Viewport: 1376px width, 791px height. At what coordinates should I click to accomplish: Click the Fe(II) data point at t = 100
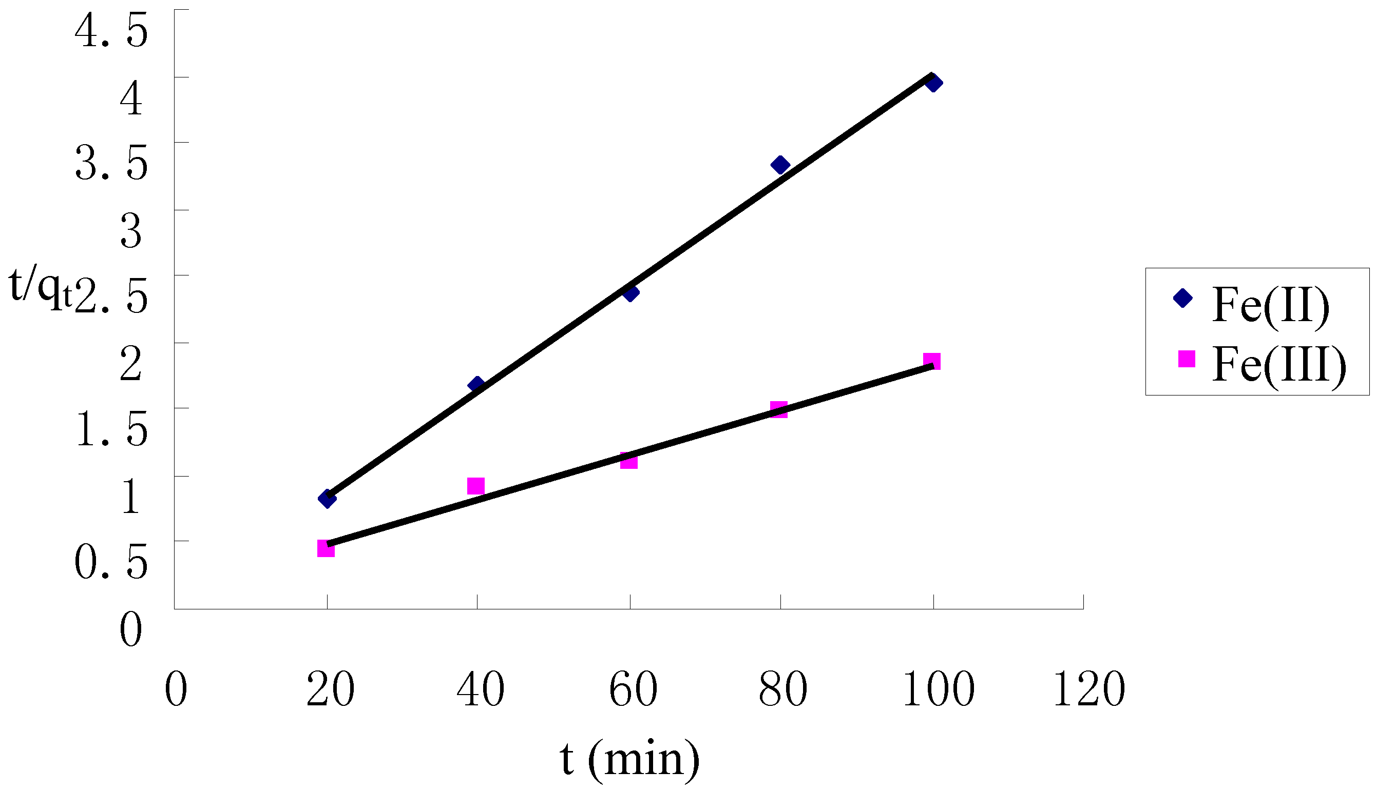(933, 83)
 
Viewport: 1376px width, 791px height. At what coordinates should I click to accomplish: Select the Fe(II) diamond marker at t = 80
(780, 165)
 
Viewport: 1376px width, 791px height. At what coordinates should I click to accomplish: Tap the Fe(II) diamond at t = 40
(477, 385)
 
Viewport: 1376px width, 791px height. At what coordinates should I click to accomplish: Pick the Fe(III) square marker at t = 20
(326, 549)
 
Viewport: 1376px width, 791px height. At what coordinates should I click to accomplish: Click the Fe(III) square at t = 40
(476, 486)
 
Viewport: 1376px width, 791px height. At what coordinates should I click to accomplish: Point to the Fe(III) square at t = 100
(932, 361)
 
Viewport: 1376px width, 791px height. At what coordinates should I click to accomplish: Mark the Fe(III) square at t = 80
(779, 409)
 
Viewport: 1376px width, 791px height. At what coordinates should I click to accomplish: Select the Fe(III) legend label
(1278, 366)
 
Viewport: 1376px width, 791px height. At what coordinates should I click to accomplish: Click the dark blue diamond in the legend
(1183, 298)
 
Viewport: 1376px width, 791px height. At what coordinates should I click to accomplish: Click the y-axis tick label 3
(131, 231)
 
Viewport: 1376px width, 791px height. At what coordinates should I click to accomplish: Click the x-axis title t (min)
(629, 760)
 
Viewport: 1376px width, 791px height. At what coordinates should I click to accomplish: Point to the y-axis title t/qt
(40, 288)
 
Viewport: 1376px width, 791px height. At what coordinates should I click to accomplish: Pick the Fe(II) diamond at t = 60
(630, 293)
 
